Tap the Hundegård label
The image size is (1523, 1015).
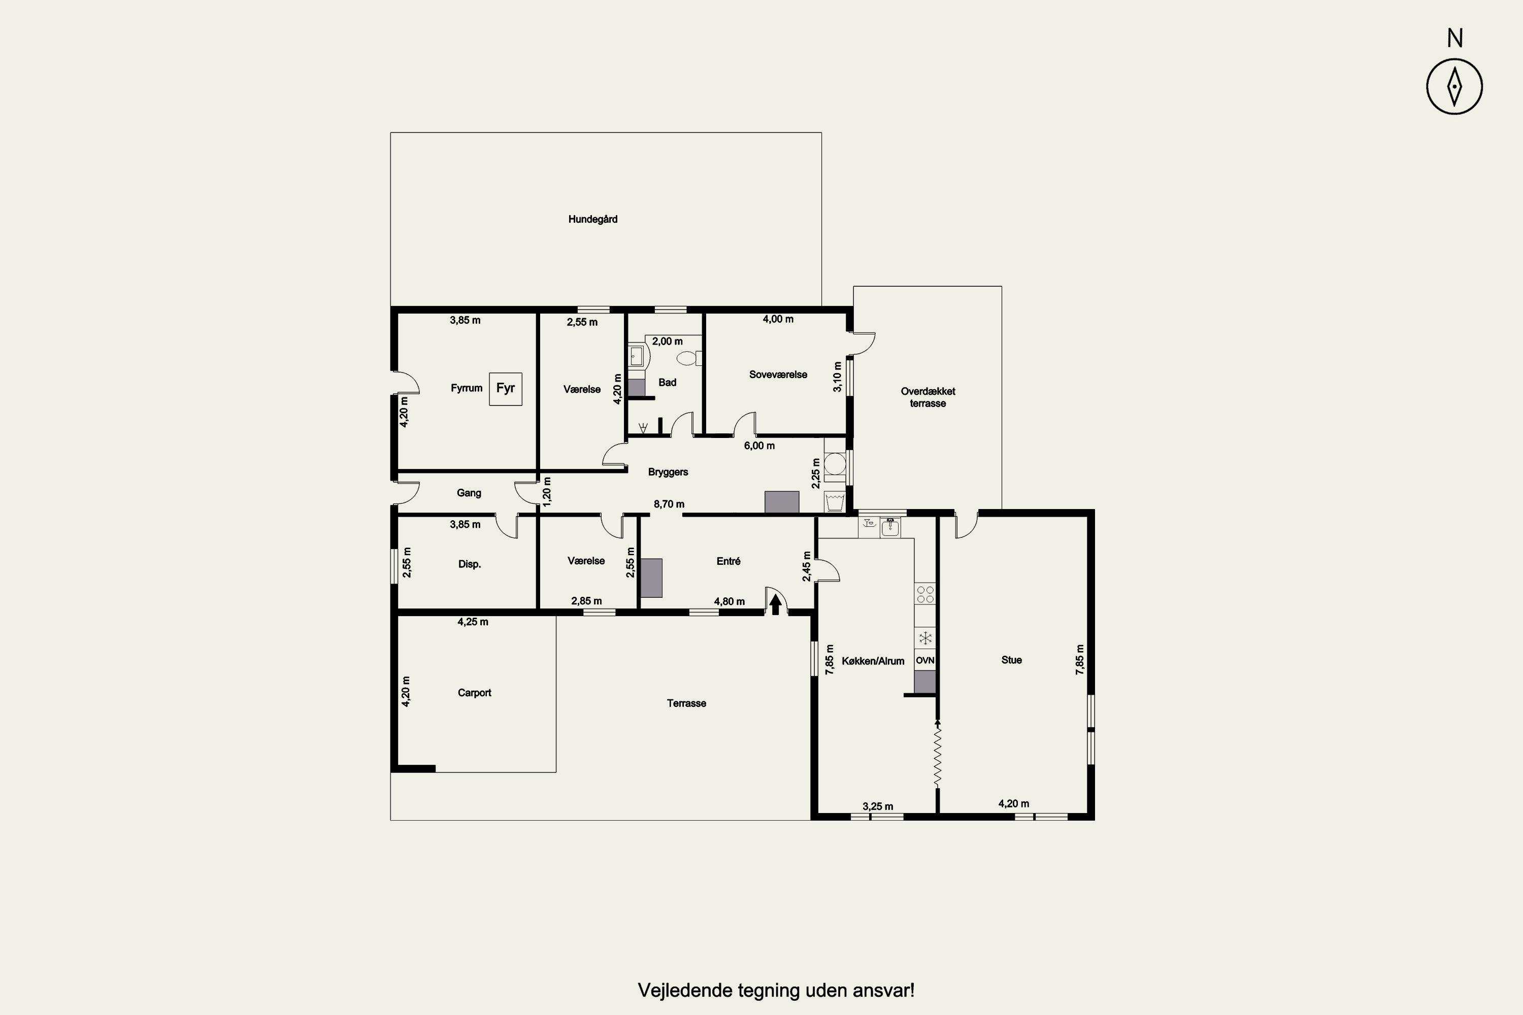[x=592, y=219]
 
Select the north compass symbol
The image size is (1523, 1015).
[x=1454, y=86]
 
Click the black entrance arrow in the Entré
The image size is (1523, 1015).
[x=776, y=604]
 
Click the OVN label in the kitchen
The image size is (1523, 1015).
[x=924, y=660]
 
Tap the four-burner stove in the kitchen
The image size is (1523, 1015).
[x=924, y=594]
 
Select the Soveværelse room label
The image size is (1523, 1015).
[x=778, y=375]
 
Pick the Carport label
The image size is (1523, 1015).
[x=474, y=693]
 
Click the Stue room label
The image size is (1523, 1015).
[x=1011, y=660]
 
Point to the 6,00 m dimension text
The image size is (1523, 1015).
[x=759, y=446]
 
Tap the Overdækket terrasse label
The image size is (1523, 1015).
[x=928, y=397]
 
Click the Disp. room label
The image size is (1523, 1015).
[x=470, y=564]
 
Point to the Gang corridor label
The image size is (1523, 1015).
[x=469, y=493]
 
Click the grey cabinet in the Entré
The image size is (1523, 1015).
[x=651, y=578]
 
